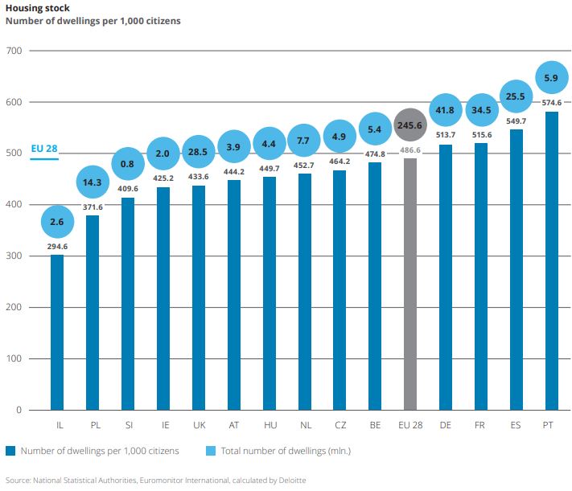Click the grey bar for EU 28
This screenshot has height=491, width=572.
coord(409,284)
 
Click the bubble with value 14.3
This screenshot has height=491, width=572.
coord(93,182)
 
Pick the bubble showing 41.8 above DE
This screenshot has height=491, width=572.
coord(445,109)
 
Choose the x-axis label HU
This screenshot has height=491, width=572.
coord(270,423)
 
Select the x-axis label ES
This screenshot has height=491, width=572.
coord(516,423)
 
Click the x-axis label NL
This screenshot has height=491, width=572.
coord(304,423)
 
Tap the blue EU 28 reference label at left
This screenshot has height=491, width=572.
coord(43,149)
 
